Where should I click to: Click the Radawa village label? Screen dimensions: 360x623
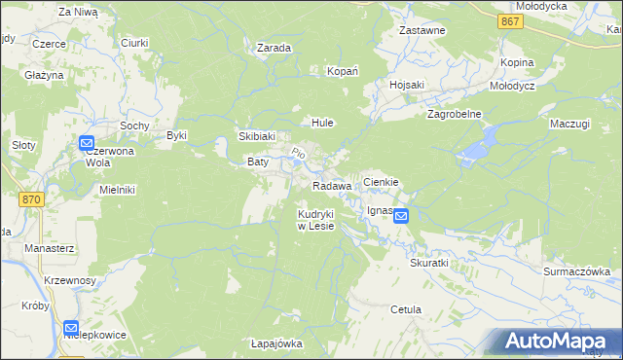332,186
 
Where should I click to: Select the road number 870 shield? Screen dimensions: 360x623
31,198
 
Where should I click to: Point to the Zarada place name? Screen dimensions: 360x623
275,47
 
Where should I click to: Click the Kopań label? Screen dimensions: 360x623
343,72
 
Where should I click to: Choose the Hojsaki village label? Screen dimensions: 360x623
407,85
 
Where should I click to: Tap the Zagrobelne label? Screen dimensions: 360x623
456,114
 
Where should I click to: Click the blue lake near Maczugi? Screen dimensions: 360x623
478,145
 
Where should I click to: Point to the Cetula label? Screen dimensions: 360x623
405,309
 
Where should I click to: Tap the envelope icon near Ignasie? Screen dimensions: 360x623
402,219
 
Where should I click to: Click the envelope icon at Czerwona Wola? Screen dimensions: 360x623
87,144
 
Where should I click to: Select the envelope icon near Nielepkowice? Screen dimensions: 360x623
71,329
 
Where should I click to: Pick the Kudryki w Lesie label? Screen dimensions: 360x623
316,220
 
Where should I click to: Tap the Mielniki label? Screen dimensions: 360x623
117,190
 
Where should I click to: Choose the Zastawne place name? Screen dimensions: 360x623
422,31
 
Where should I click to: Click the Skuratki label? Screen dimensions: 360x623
429,264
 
